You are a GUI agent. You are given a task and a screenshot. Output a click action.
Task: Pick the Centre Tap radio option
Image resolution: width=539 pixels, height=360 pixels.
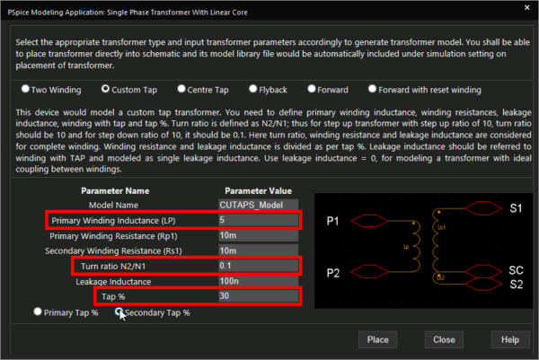coord(182,89)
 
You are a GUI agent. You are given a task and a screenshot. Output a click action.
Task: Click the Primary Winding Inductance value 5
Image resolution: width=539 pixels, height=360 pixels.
coord(256,220)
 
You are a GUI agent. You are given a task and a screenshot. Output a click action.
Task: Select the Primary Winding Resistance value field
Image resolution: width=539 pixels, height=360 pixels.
coord(256,235)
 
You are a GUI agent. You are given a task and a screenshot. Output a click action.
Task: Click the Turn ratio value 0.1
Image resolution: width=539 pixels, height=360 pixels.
coord(256,266)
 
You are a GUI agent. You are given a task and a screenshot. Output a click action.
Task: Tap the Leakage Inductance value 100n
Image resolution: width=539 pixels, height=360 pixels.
coord(256,282)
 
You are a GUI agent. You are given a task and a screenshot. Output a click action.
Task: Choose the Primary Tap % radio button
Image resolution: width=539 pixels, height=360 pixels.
coord(38,312)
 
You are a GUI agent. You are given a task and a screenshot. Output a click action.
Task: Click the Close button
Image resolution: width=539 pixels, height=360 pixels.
coord(443,340)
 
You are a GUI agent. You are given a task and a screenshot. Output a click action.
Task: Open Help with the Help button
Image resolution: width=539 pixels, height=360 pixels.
coord(509,340)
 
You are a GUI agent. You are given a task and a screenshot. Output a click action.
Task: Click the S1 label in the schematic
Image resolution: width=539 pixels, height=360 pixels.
coord(516,207)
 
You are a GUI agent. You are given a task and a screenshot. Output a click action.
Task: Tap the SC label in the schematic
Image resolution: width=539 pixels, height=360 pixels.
coord(516,269)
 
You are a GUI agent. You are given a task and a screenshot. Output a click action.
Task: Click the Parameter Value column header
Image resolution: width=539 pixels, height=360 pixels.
coord(258,190)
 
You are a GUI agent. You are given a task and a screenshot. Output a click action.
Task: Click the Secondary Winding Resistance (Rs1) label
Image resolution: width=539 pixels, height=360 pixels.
coord(128,250)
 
